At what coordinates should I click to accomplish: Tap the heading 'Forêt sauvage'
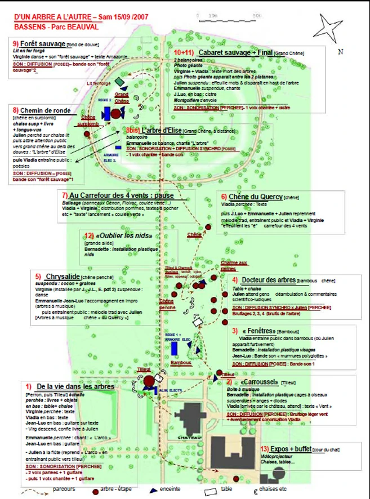tap(39, 43)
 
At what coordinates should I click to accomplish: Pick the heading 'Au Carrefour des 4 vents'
tap(118, 195)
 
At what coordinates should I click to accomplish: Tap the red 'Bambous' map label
tap(181, 363)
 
